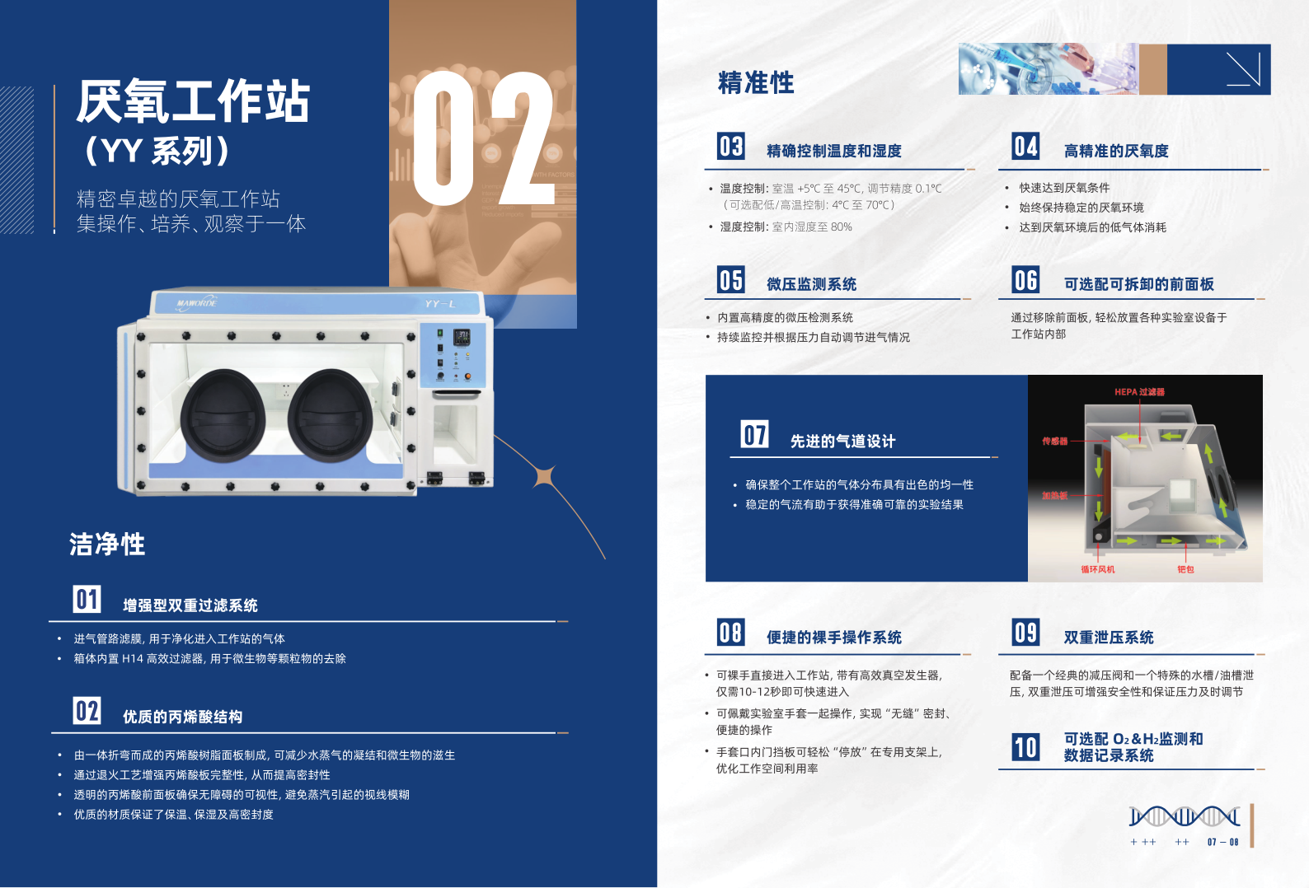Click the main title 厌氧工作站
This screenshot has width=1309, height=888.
pyautogui.click(x=193, y=102)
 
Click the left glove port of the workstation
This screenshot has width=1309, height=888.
pyautogui.click(x=223, y=416)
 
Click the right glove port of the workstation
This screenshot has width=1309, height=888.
pyautogui.click(x=330, y=416)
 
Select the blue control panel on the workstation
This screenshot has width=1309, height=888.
pyautogui.click(x=452, y=355)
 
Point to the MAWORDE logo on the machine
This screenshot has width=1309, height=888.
pyautogui.click(x=197, y=303)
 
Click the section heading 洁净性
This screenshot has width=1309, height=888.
pyautogui.click(x=107, y=544)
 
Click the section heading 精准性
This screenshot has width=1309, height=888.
pyautogui.click(x=756, y=82)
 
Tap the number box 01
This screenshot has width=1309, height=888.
pyautogui.click(x=87, y=599)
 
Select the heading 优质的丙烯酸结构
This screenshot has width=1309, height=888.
pyautogui.click(x=183, y=717)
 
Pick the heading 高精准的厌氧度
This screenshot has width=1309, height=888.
pyautogui.click(x=1116, y=151)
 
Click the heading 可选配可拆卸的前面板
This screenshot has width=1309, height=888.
pyautogui.click(x=1138, y=284)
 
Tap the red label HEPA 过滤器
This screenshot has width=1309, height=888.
pyautogui.click(x=1139, y=392)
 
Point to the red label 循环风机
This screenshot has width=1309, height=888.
pyautogui.click(x=1097, y=569)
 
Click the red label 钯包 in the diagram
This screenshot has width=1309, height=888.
pyautogui.click(x=1185, y=569)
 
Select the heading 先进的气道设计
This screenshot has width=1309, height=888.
pyautogui.click(x=842, y=442)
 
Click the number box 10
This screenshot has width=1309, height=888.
pyautogui.click(x=1026, y=747)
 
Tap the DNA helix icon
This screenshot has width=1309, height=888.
pyautogui.click(x=1185, y=816)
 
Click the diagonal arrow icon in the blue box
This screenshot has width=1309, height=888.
pyautogui.click(x=1243, y=69)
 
